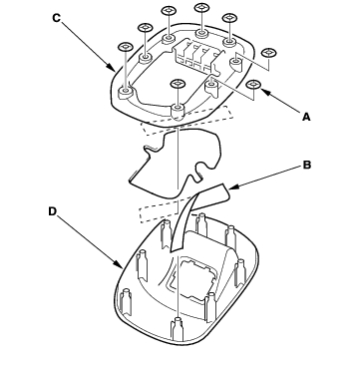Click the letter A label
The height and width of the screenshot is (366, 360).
[306, 117]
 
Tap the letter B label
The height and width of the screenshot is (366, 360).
[306, 165]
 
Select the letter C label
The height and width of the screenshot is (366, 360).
[57, 18]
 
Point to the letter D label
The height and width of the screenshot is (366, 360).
[53, 211]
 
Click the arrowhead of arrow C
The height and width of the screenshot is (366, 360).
[112, 68]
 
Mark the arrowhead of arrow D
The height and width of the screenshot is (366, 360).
[119, 264]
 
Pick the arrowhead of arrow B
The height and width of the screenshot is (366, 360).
[233, 188]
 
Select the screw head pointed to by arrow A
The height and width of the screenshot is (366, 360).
[253, 85]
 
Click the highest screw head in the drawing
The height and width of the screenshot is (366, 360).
[201, 7]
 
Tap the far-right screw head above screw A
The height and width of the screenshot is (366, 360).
[269, 53]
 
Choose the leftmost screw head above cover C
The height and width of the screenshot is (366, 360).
[126, 47]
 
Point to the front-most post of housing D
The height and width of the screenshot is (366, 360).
[177, 329]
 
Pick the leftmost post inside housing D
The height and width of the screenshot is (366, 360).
[126, 301]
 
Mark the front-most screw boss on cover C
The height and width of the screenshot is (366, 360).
[178, 112]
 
